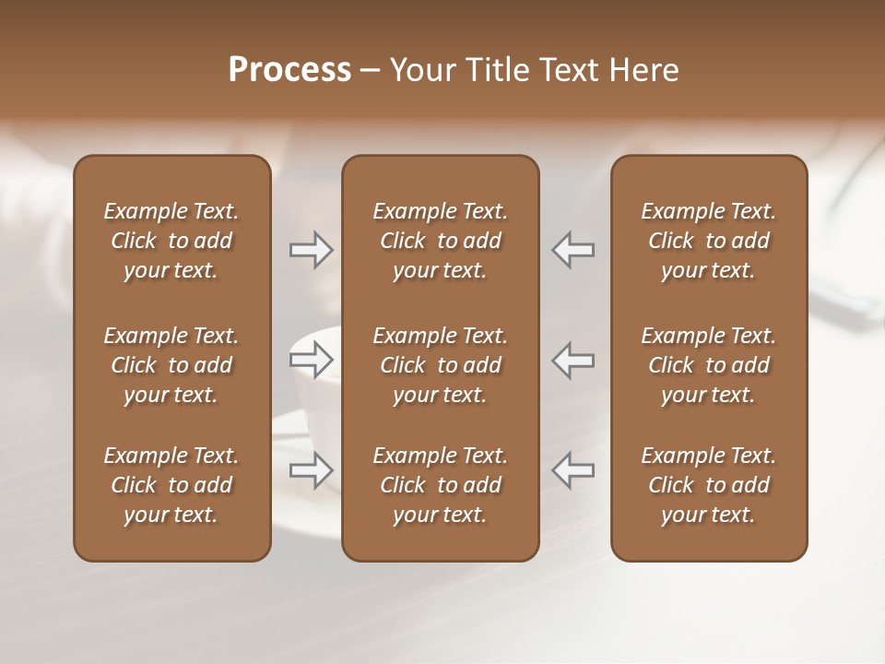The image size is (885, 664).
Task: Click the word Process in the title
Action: coord(289,70)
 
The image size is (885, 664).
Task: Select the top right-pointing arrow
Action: coord(311,250)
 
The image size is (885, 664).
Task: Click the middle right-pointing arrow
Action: coord(311,361)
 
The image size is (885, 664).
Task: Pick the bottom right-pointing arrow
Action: coord(311,470)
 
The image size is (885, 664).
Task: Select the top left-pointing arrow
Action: coord(573,250)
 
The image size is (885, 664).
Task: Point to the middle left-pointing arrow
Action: coord(573,361)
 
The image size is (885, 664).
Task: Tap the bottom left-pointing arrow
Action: coord(573,470)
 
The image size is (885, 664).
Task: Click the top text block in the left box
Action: coord(171,241)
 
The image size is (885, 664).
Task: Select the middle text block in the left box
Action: coord(171,365)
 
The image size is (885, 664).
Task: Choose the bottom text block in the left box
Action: coord(171,485)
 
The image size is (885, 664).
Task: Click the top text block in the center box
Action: coord(441,241)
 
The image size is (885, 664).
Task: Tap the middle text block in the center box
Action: coord(441,365)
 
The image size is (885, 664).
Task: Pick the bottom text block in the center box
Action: coord(441,485)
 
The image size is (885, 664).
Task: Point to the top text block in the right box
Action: coord(709,241)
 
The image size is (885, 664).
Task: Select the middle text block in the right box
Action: coord(709,365)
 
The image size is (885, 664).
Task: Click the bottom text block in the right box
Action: coord(709,485)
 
